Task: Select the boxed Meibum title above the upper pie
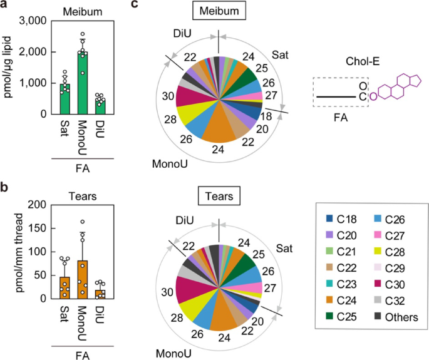218,12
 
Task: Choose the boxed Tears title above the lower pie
218,198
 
